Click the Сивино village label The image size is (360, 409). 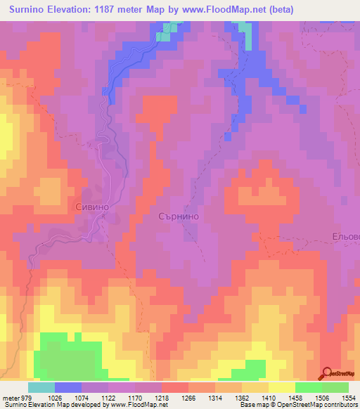click(x=91, y=207)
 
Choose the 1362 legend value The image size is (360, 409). click(x=242, y=397)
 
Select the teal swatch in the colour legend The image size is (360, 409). click(x=41, y=387)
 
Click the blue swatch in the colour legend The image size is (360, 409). click(x=68, y=387)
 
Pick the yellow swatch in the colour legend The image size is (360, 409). click(x=281, y=387)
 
